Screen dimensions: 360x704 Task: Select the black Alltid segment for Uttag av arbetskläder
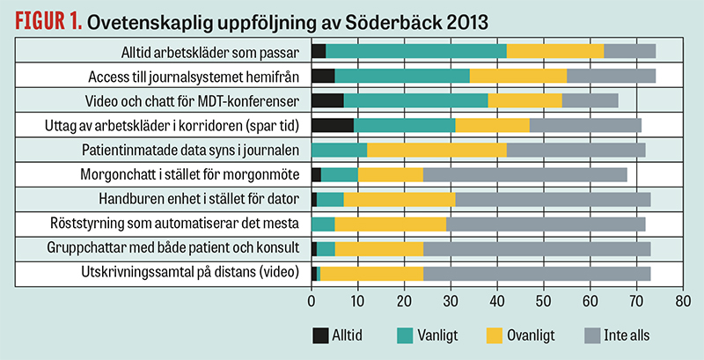point(333,125)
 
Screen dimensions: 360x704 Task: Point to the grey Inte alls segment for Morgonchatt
point(525,174)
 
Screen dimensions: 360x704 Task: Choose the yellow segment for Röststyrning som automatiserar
point(391,224)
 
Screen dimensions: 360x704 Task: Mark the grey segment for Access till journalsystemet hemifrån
point(611,76)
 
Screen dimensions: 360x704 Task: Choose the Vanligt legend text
point(437,335)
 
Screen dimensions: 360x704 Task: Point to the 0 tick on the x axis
point(312,301)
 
